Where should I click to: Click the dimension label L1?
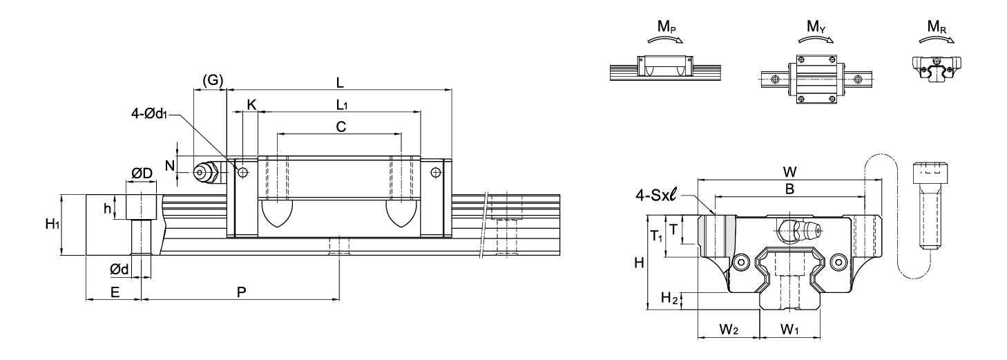click(x=342, y=105)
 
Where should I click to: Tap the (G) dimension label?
click(x=213, y=80)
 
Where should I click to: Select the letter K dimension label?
click(x=251, y=105)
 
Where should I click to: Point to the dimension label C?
click(x=341, y=127)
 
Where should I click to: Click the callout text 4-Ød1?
click(x=148, y=114)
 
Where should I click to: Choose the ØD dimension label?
click(x=142, y=173)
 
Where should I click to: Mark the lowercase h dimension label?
click(x=108, y=208)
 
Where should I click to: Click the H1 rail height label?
click(x=52, y=224)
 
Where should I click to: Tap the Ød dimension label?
click(x=119, y=269)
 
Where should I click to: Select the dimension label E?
click(x=115, y=292)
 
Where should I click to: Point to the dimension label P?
click(x=242, y=292)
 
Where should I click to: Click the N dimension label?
click(x=169, y=166)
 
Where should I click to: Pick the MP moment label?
click(x=666, y=27)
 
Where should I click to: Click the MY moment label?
click(x=816, y=27)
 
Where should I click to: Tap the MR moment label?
click(x=937, y=27)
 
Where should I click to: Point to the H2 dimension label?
click(x=669, y=297)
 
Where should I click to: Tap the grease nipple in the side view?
click(x=207, y=172)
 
